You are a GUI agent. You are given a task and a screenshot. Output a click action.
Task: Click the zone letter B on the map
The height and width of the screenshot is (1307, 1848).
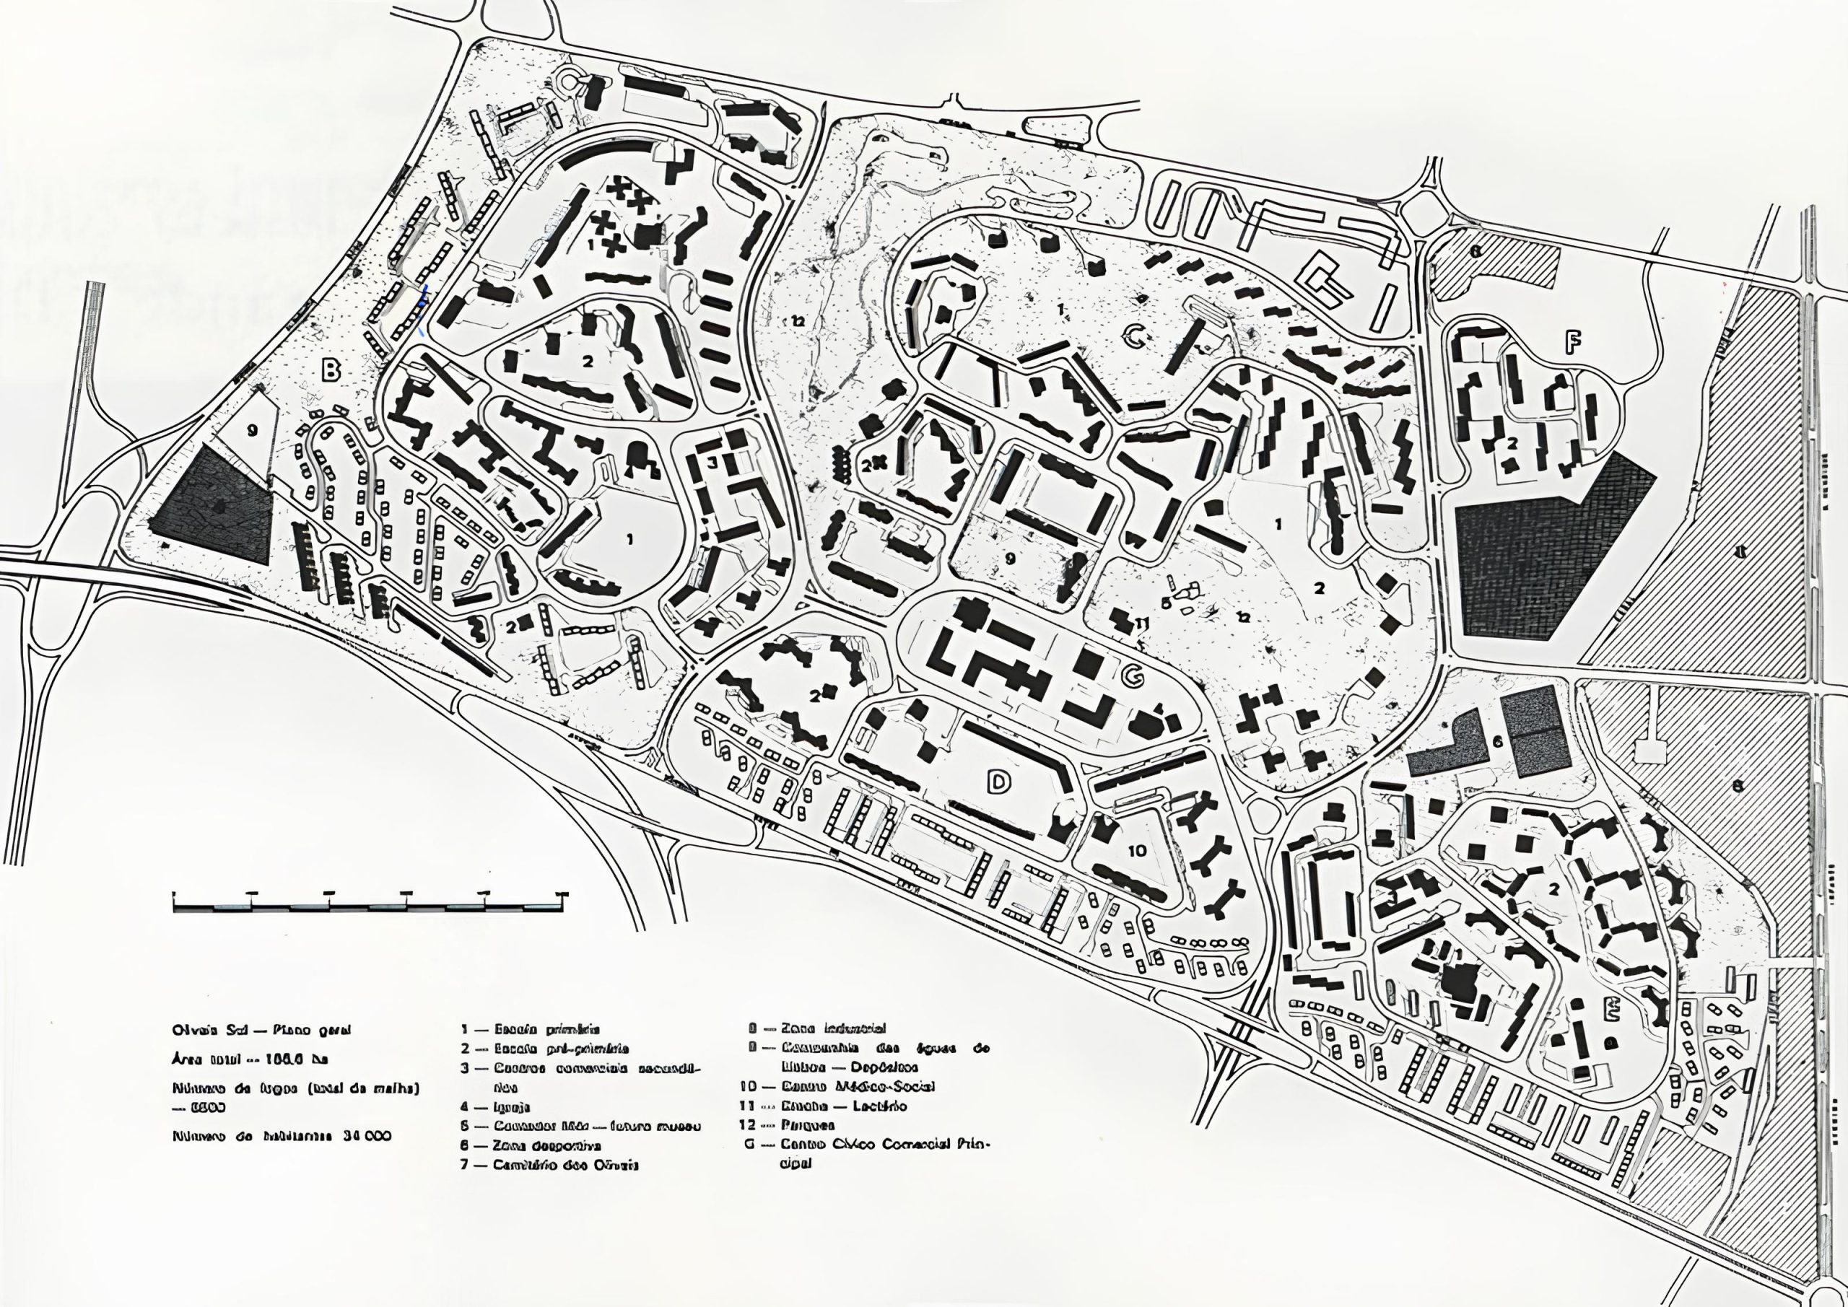[331, 371]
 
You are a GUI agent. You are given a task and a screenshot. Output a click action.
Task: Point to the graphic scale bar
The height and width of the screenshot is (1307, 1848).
[371, 902]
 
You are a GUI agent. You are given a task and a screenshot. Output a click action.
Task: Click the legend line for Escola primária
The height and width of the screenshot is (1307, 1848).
[531, 1029]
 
